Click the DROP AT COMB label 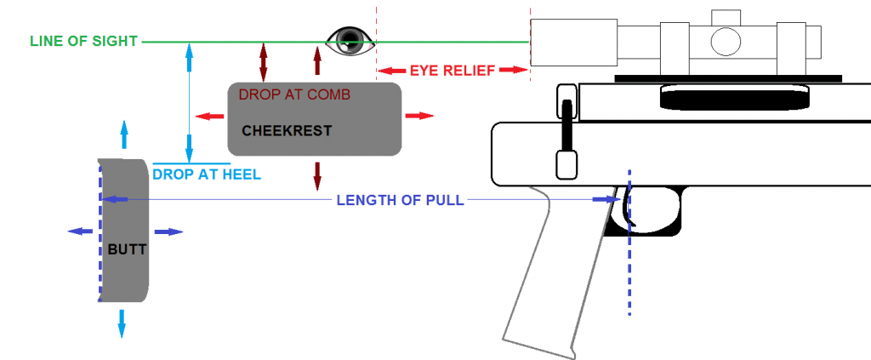tap(295, 94)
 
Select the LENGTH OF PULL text tap(400, 201)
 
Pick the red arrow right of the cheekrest tap(418, 117)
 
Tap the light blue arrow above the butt tap(124, 135)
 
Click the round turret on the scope tap(724, 39)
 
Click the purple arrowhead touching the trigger tap(606, 200)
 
